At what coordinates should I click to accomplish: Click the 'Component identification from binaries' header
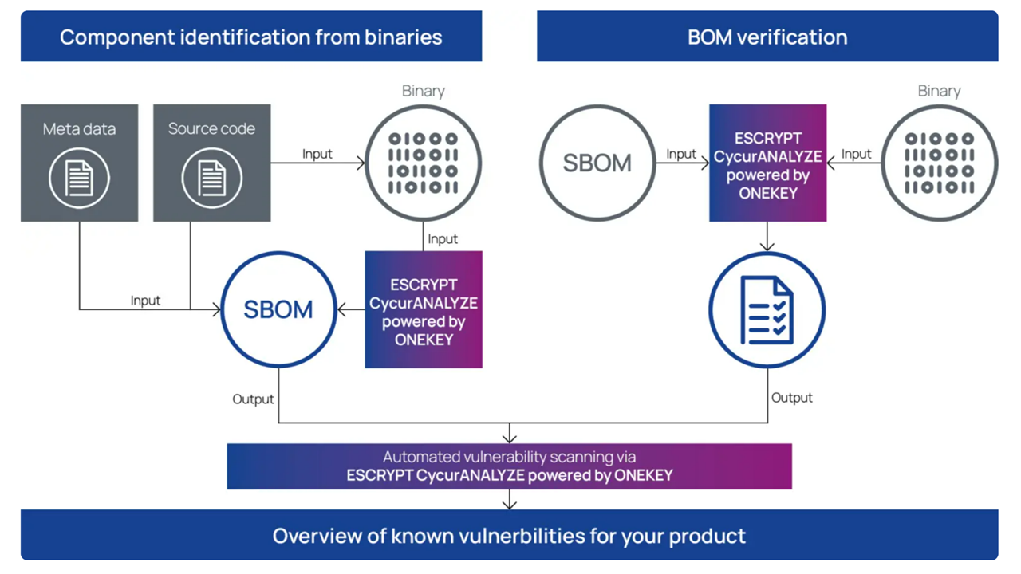250,37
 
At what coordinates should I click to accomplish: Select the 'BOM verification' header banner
767,37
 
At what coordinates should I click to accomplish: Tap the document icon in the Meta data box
79,178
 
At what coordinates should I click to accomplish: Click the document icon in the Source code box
211,178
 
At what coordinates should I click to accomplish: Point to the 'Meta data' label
79,129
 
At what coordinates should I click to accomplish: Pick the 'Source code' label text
211,129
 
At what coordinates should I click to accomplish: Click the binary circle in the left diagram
423,163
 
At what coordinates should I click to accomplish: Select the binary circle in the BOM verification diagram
939,163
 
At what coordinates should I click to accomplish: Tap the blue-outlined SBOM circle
278,309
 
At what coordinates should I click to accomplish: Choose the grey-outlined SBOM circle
597,163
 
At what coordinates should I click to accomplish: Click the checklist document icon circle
767,309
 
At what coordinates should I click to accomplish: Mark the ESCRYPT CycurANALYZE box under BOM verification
767,163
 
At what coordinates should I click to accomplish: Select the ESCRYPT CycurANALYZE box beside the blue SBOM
424,309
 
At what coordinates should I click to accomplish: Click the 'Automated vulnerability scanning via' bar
509,466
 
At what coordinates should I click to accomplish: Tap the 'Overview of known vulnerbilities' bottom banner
509,535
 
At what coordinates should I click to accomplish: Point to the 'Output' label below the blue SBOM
253,399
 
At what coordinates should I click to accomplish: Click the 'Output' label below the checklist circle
791,397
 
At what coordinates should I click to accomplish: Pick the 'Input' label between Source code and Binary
317,154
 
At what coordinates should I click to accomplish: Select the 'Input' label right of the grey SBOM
681,154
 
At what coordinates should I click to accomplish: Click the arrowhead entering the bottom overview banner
509,505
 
